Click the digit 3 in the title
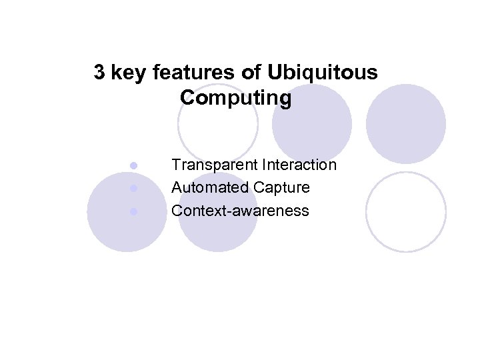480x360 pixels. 99,73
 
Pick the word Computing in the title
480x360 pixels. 235,98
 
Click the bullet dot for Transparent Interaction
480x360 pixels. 133,165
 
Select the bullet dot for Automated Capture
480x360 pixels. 133,188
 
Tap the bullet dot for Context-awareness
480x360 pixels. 133,211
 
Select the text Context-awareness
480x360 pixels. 240,211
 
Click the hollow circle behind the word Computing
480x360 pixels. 218,127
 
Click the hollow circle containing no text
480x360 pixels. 406,211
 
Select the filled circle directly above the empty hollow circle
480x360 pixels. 406,123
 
